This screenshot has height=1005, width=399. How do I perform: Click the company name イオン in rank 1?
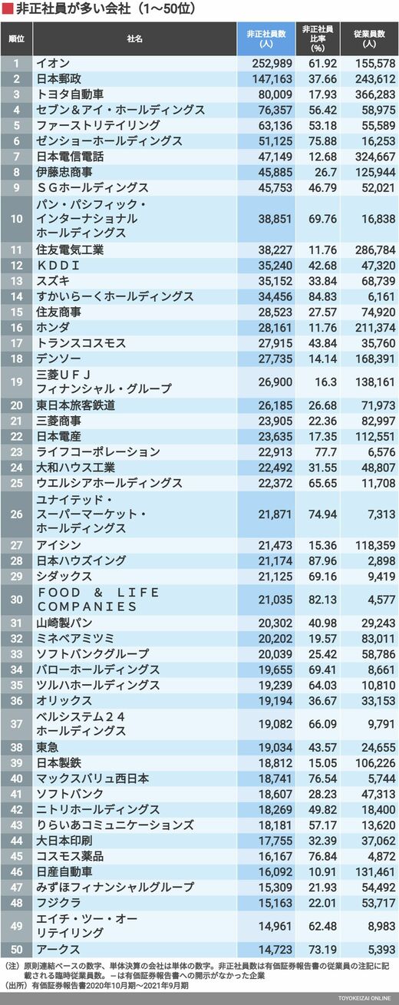pyautogui.click(x=52, y=63)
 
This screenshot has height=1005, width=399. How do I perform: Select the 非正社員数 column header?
pyautogui.click(x=266, y=39)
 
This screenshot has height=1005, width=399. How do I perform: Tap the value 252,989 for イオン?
pyautogui.click(x=272, y=64)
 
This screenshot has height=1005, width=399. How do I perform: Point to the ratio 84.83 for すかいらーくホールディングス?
pyautogui.click(x=322, y=296)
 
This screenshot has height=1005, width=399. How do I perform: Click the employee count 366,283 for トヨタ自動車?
pyautogui.click(x=375, y=94)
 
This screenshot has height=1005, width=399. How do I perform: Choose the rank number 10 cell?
pyautogui.click(x=17, y=219)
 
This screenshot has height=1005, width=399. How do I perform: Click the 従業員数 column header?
pyautogui.click(x=369, y=39)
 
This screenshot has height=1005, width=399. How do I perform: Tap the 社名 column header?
pyautogui.click(x=134, y=39)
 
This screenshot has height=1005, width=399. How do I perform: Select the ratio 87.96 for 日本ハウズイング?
pyautogui.click(x=322, y=560)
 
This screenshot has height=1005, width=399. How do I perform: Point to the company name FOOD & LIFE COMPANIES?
pyautogui.click(x=98, y=600)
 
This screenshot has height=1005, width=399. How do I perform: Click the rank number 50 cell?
pyautogui.click(x=17, y=950)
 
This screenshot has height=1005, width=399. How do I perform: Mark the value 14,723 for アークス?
pyautogui.click(x=275, y=950)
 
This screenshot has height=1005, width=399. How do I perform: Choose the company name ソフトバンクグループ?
pyautogui.click(x=92, y=653)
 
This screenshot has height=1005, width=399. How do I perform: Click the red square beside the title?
pyautogui.click(x=7, y=9)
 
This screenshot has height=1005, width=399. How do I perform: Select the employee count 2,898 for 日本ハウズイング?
pyautogui.click(x=381, y=560)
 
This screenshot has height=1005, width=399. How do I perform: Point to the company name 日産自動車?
pyautogui.click(x=64, y=871)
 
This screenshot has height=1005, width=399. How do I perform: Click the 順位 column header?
pyautogui.click(x=17, y=39)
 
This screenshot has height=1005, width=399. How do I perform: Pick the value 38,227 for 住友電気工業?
pyautogui.click(x=275, y=250)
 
